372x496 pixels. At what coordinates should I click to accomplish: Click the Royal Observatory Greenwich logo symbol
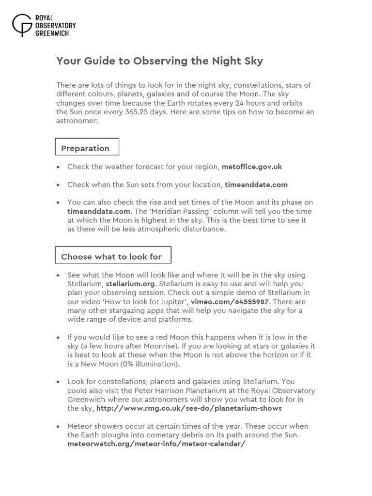tap(22, 25)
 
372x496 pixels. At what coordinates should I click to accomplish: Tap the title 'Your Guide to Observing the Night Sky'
tap(159, 61)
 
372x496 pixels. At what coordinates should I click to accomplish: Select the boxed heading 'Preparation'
tap(85, 148)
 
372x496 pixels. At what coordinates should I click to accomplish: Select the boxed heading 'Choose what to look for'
tap(111, 257)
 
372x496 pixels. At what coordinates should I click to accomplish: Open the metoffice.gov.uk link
tap(251, 167)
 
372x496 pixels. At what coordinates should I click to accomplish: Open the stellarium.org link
tap(130, 284)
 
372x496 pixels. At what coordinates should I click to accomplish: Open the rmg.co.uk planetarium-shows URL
tap(189, 408)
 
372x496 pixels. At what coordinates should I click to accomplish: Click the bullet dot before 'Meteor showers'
tap(58, 427)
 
